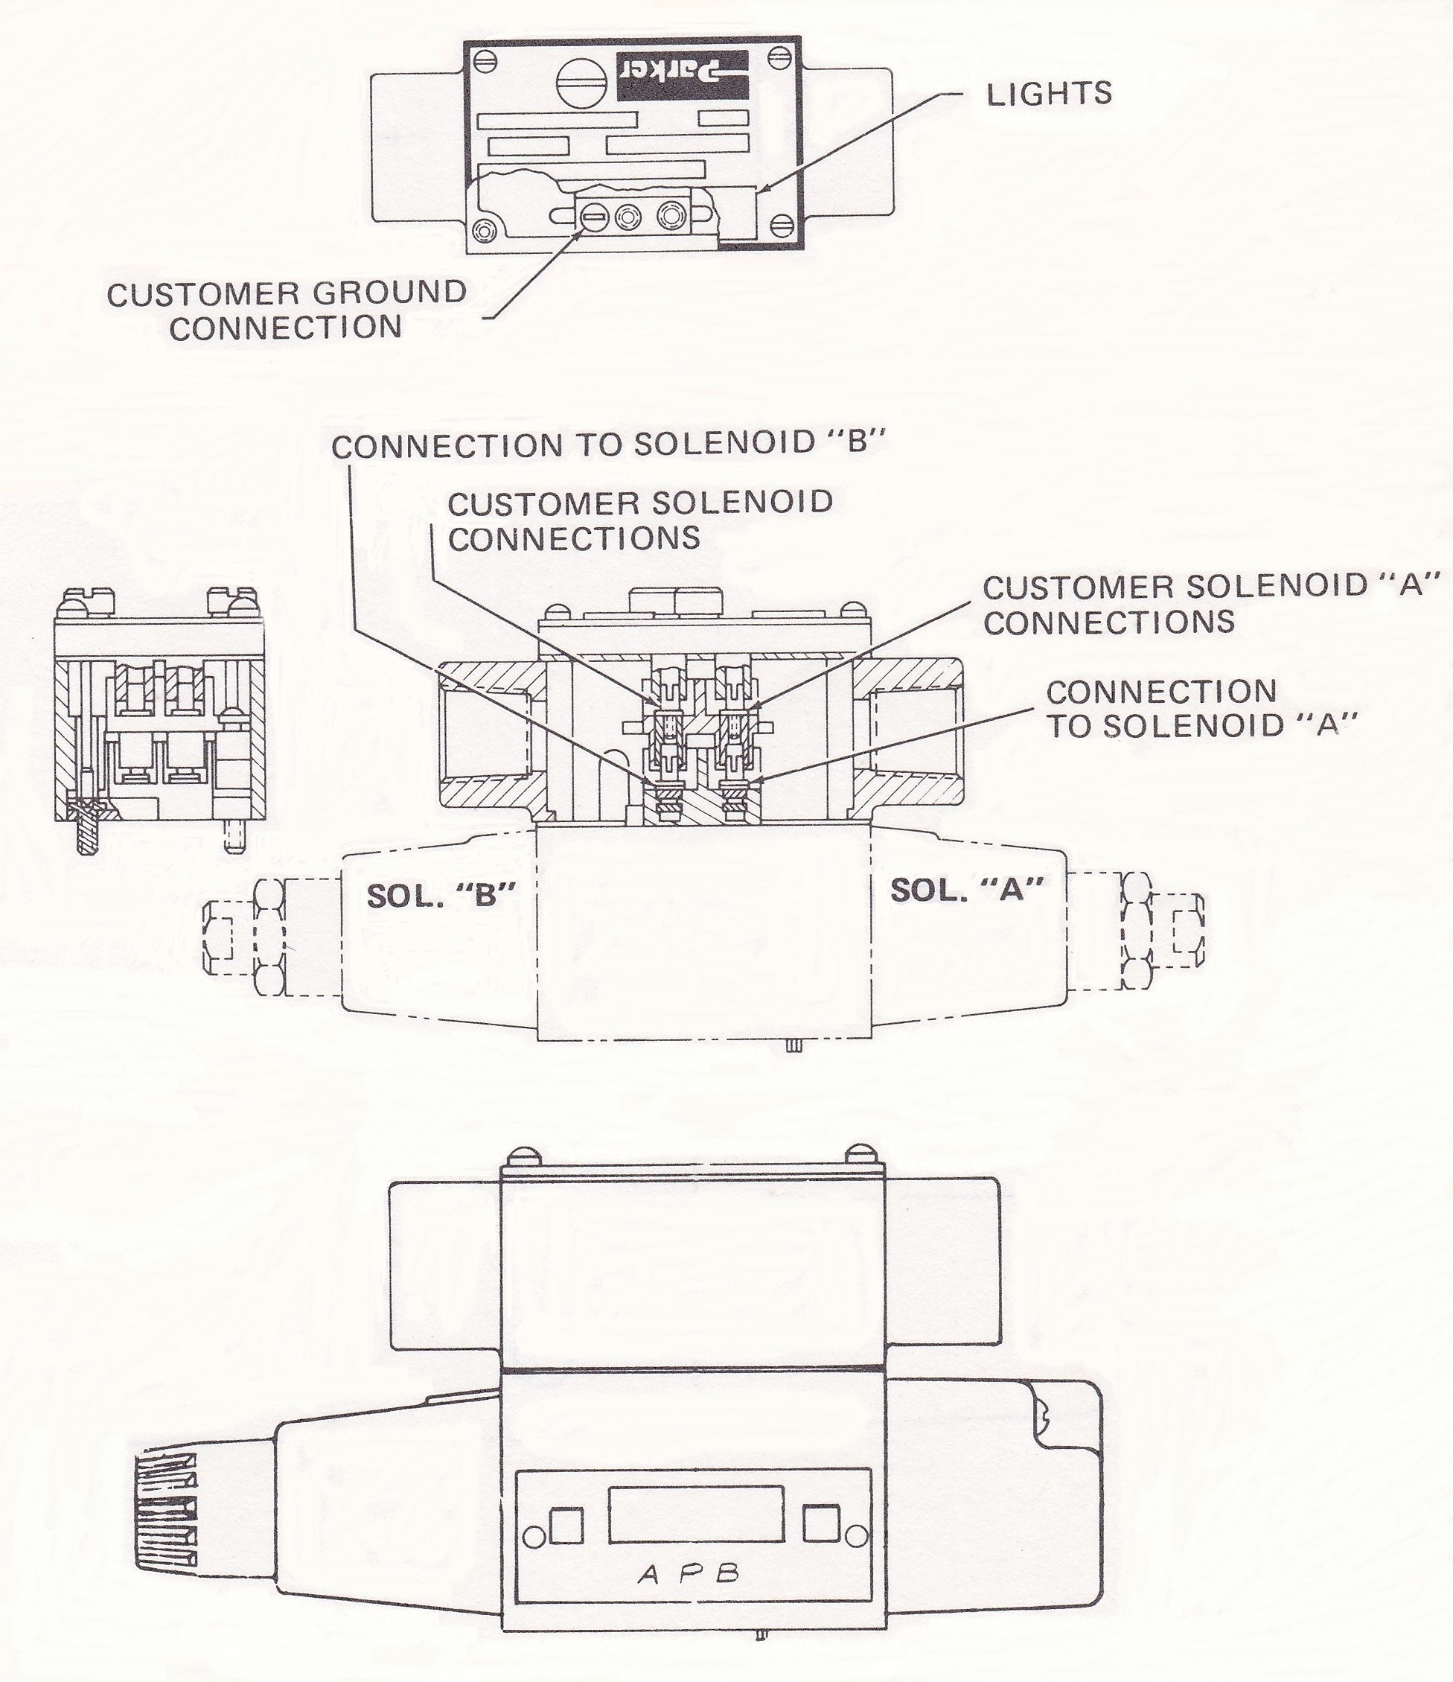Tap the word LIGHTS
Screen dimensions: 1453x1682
[x=1049, y=94]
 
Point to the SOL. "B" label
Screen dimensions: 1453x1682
[x=441, y=896]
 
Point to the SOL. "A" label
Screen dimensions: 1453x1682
[x=966, y=891]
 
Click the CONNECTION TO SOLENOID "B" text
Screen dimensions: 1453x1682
[x=608, y=445]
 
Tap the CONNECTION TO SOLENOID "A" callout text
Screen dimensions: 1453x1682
[x=1201, y=709]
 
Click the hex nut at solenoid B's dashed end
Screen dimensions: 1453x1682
[x=269, y=939]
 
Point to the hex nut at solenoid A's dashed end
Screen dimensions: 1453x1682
[x=1137, y=932]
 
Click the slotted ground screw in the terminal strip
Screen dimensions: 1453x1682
[x=594, y=217]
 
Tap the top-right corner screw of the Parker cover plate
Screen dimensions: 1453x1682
[x=780, y=58]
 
